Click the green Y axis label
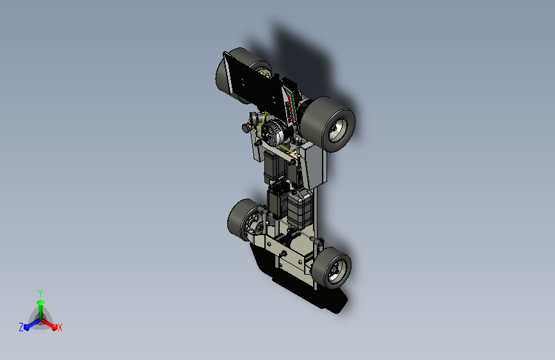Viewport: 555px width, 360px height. click(x=40, y=293)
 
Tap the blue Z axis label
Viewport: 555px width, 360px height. click(x=21, y=327)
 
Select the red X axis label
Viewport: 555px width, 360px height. click(x=60, y=327)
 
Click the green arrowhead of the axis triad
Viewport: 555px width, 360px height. click(x=40, y=302)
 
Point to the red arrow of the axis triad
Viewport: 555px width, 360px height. click(x=49, y=324)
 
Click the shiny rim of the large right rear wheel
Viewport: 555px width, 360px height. click(x=338, y=130)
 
